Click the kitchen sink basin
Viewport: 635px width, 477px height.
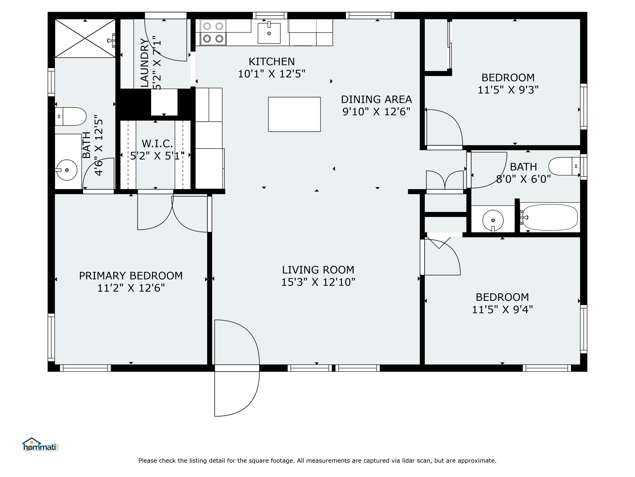coord(269,33)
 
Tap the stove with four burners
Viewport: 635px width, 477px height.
coord(213,32)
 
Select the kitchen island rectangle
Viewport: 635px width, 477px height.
coord(294,114)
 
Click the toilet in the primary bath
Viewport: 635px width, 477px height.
coord(71,116)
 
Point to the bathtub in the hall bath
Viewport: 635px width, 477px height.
coord(550,217)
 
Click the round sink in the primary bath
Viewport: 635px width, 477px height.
coord(67,170)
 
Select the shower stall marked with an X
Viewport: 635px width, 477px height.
coord(85,38)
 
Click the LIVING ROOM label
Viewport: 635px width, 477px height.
coord(318,270)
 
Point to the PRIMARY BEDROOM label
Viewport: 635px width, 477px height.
coord(131,276)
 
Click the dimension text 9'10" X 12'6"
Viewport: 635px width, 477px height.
coord(376,112)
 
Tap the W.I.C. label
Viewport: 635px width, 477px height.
coord(157,144)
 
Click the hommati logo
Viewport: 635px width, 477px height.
coord(40,445)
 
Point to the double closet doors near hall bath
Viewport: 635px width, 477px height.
coord(445,180)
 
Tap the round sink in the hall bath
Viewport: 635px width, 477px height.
coord(493,220)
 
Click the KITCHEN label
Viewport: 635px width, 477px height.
coord(271,61)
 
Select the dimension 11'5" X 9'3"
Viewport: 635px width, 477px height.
coord(508,90)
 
